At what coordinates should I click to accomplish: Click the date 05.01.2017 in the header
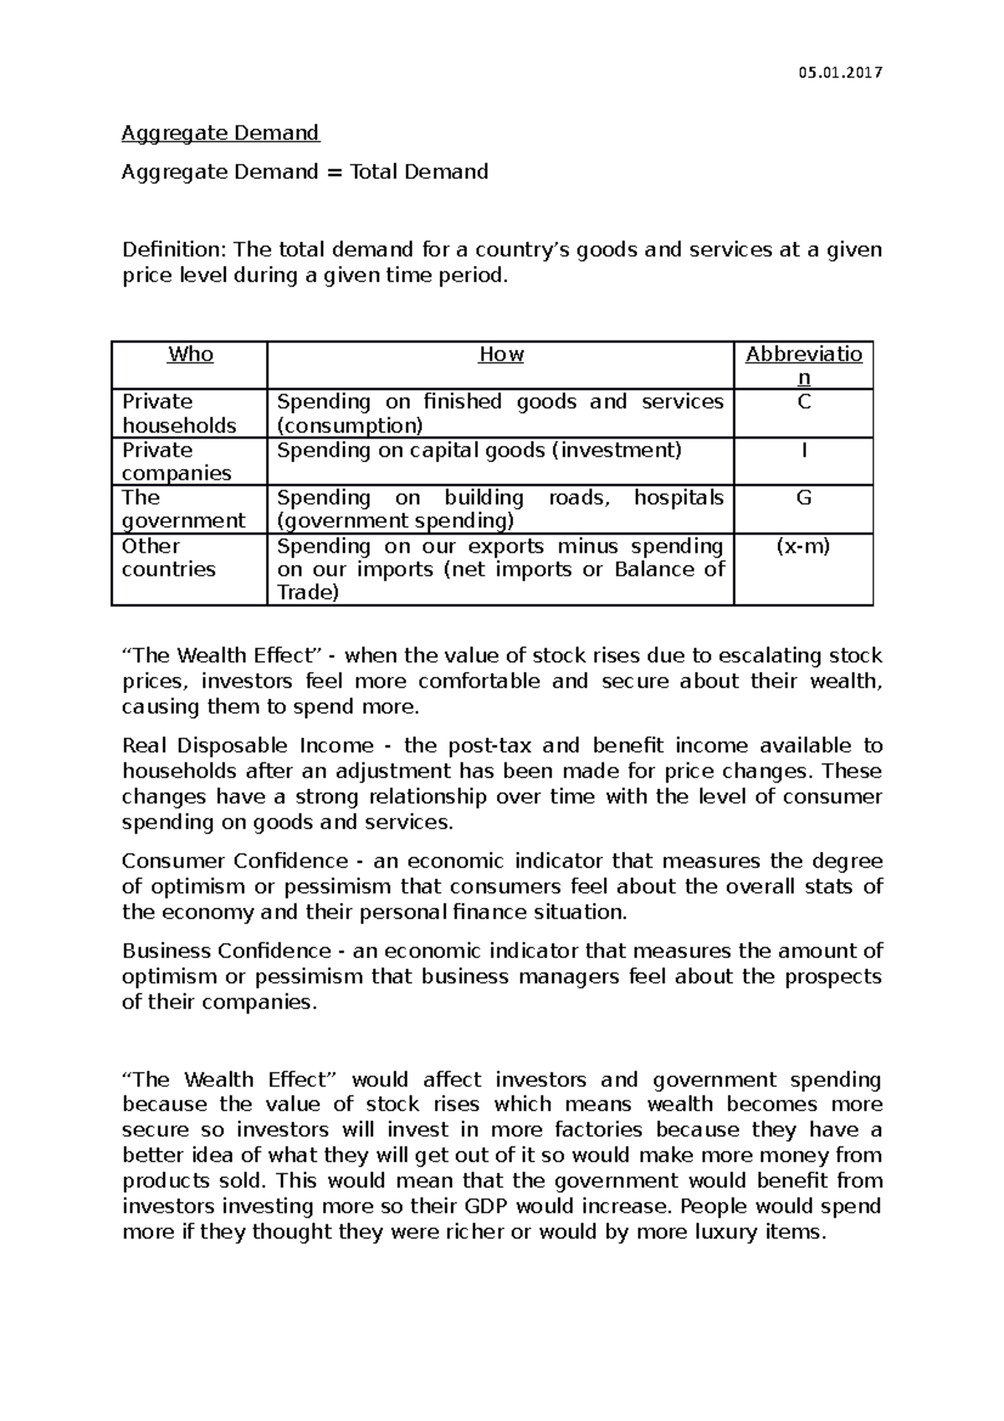[x=840, y=73]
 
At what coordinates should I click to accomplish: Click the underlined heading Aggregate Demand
[x=220, y=133]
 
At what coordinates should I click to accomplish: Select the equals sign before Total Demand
[x=334, y=172]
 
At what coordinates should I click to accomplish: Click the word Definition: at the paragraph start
[x=174, y=249]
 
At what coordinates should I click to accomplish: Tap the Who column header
[x=190, y=354]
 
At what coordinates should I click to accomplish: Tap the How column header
[x=500, y=354]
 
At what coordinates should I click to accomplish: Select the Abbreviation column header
[x=803, y=365]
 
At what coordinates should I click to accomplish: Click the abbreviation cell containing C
[x=803, y=403]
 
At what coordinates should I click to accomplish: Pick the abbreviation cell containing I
[x=803, y=450]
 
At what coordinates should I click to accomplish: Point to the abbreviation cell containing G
[x=803, y=498]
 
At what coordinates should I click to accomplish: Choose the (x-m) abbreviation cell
[x=803, y=546]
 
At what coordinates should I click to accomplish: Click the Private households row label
[x=178, y=413]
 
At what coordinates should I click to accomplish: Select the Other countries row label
[x=168, y=557]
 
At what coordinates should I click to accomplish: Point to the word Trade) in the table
[x=308, y=593]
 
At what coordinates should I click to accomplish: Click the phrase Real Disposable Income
[x=248, y=746]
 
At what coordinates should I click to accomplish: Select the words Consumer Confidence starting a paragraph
[x=234, y=861]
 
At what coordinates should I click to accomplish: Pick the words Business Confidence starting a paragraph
[x=227, y=951]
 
